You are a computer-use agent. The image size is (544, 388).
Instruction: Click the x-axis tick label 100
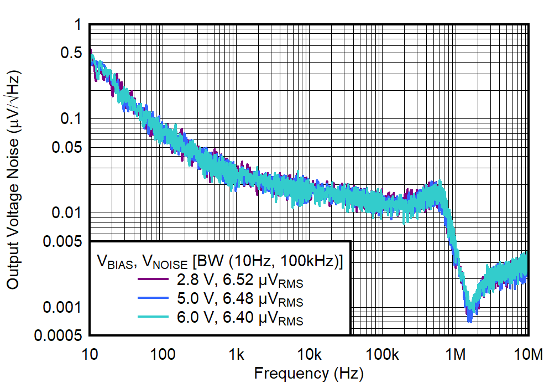click(163, 354)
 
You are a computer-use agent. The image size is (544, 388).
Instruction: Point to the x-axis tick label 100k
click(382, 354)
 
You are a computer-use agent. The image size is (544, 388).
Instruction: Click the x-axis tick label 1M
click(456, 354)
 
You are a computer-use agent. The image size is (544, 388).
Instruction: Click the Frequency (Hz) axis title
click(308, 374)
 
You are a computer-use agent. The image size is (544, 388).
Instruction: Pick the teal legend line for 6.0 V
click(153, 318)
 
